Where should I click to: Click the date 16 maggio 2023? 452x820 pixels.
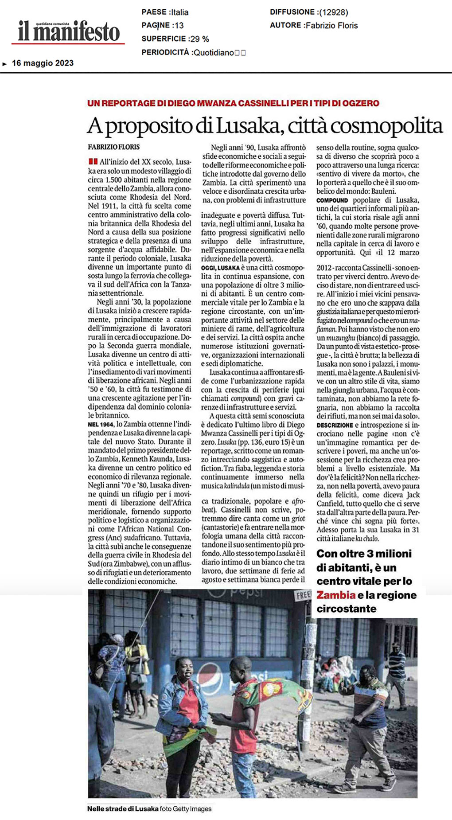tap(43, 63)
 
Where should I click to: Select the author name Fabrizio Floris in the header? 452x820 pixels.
tap(331, 26)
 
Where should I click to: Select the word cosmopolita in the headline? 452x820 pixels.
tap(386, 126)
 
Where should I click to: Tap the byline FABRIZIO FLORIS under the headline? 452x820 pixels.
tap(113, 147)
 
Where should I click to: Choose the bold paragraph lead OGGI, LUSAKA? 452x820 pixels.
tap(220, 268)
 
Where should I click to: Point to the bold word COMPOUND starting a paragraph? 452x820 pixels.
tap(332, 200)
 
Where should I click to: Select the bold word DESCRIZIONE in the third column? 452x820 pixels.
tap(335, 425)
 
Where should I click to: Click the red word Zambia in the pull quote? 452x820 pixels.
tap(336, 595)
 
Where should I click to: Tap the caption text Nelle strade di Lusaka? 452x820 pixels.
tap(123, 809)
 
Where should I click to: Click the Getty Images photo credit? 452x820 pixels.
tap(192, 809)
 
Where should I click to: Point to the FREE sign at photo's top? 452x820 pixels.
tap(303, 595)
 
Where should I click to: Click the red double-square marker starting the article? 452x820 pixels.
tap(93, 162)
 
